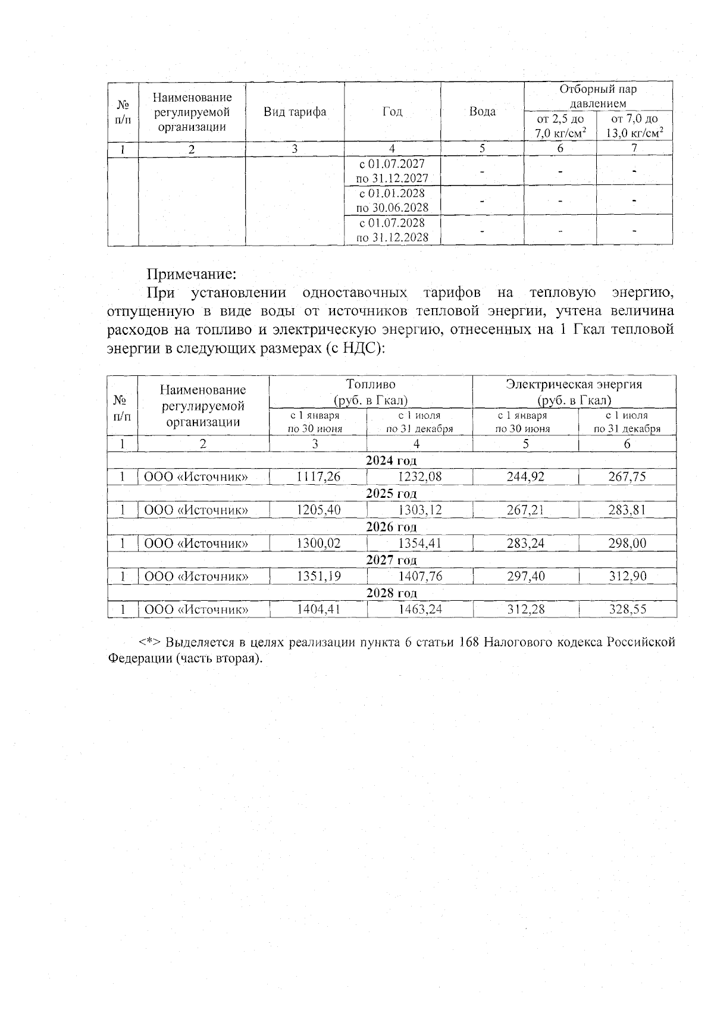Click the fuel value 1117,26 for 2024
(x=319, y=476)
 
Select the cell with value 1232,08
(x=420, y=476)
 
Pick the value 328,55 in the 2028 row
(x=628, y=609)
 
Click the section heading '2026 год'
(x=391, y=526)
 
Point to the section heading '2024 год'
(x=391, y=460)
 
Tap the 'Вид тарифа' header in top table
(x=295, y=112)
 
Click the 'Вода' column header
(x=483, y=112)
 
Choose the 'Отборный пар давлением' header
(x=598, y=96)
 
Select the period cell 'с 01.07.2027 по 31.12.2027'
(x=392, y=171)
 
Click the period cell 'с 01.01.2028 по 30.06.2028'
(x=392, y=200)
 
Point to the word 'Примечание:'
(x=192, y=274)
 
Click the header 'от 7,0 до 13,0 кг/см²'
(x=634, y=126)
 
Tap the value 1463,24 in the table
(x=420, y=609)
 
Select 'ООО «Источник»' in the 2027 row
(x=196, y=576)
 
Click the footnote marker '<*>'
(x=151, y=642)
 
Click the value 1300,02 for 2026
(x=319, y=543)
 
